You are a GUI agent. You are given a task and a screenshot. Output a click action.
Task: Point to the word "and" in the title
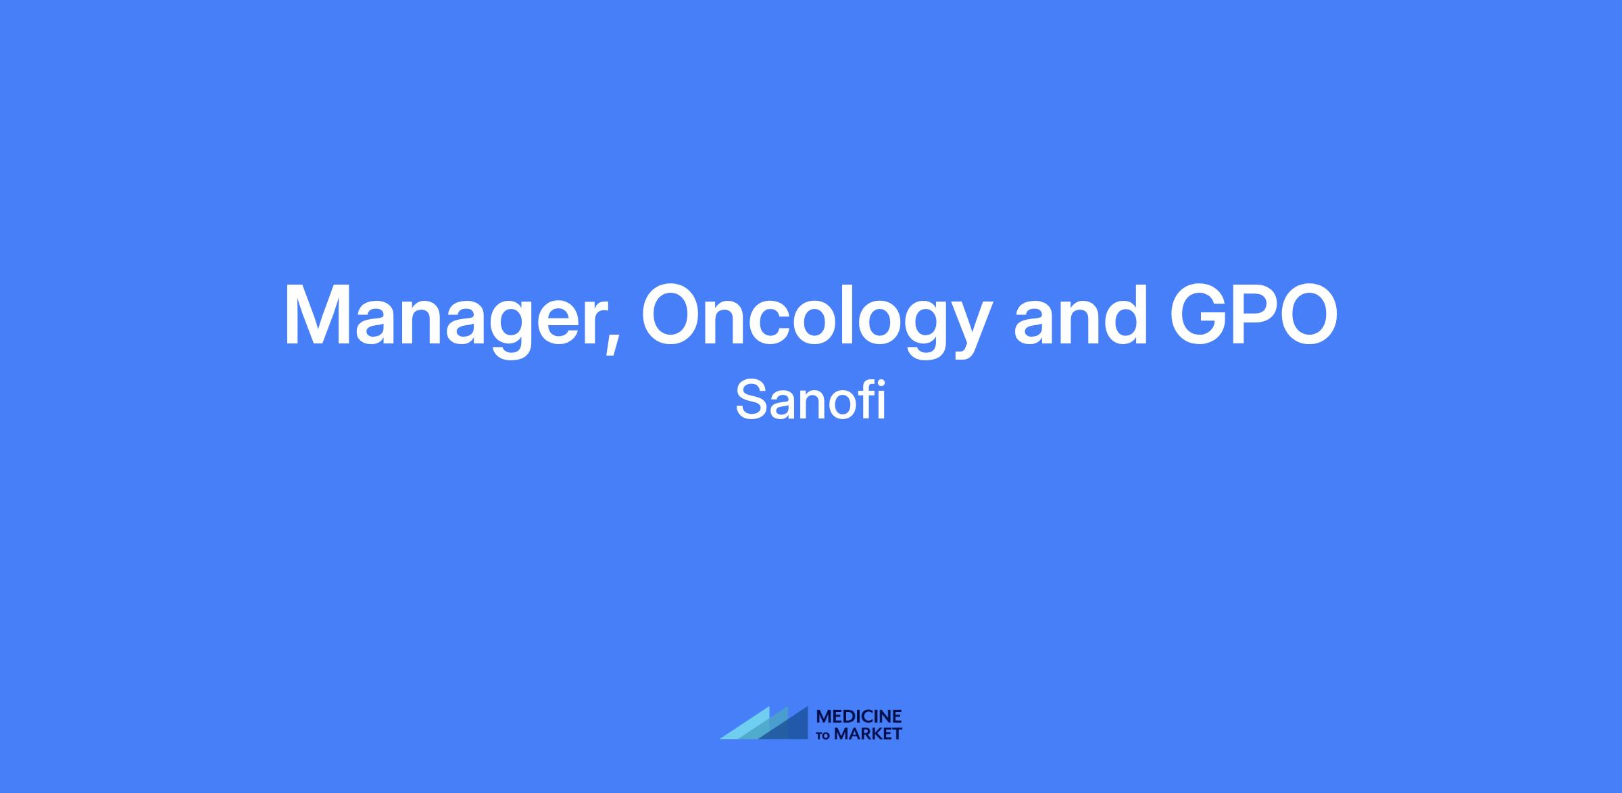point(1081,313)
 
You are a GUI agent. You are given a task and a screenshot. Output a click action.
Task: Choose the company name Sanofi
point(810,401)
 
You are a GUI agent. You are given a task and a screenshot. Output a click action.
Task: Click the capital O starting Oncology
point(676,314)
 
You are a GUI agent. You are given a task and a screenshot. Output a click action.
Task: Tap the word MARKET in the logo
point(868,734)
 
